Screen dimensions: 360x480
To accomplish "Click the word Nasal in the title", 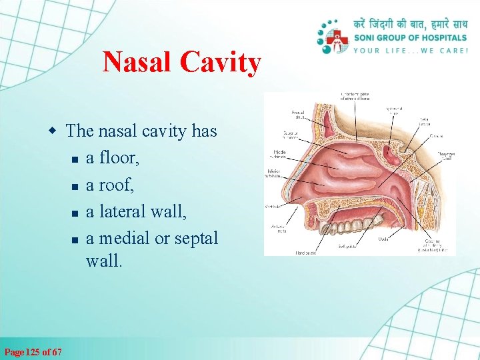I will (139, 63).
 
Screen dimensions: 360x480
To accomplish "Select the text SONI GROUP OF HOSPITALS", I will (411, 38).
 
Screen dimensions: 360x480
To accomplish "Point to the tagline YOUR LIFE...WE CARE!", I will (411, 51).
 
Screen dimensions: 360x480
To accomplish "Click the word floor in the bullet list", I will (118, 157).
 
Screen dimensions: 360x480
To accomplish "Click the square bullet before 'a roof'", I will (76, 186).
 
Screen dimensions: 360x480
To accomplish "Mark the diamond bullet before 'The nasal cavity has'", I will (57, 131).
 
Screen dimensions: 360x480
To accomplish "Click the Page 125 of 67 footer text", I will (33, 351).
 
